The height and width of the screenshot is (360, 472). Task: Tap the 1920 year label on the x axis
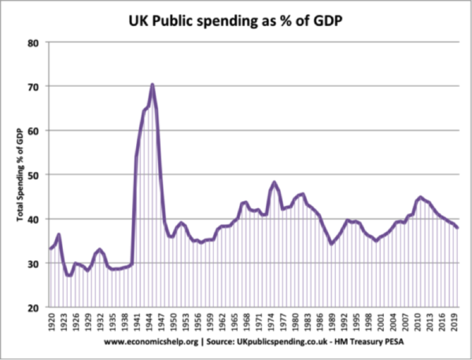click(52, 324)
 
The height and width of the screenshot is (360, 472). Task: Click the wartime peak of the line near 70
click(152, 84)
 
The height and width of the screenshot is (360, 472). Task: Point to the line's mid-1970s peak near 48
click(275, 182)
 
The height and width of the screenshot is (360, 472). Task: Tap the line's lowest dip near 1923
click(68, 275)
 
